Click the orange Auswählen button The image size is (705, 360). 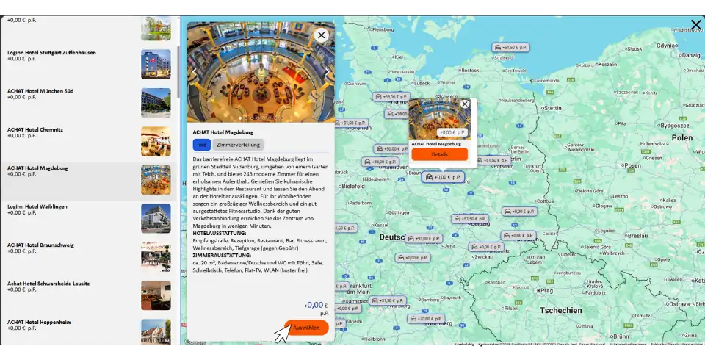click(x=306, y=328)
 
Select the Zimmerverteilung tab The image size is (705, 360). click(x=238, y=145)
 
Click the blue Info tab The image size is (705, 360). click(x=202, y=145)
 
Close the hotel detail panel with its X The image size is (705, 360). click(x=321, y=35)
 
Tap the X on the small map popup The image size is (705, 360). click(x=465, y=104)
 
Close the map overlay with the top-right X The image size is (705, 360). click(x=695, y=25)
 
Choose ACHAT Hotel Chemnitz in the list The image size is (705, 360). click(x=35, y=129)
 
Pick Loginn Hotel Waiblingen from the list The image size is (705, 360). click(x=37, y=206)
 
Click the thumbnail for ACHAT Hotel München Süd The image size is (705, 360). click(x=156, y=103)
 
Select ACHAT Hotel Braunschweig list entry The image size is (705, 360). click(x=41, y=245)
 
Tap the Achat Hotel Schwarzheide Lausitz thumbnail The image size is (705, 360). click(x=156, y=295)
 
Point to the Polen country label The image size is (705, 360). click(x=682, y=137)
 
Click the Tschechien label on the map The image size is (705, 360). click(x=560, y=310)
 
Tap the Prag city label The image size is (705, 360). click(x=546, y=291)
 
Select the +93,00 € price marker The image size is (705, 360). click(x=424, y=238)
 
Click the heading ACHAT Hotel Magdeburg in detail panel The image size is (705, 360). click(x=223, y=132)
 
